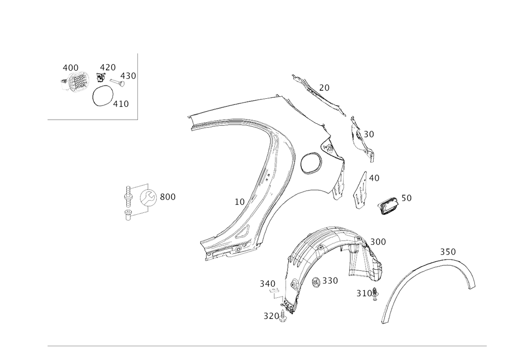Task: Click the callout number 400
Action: click(70, 67)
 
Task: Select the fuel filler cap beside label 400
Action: click(76, 80)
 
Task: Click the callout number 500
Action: click(168, 197)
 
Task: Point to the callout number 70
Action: click(324, 87)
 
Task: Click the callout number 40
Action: click(374, 178)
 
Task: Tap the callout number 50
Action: click(406, 197)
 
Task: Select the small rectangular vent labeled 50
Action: click(388, 206)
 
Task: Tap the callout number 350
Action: click(448, 252)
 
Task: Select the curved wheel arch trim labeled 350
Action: click(433, 270)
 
